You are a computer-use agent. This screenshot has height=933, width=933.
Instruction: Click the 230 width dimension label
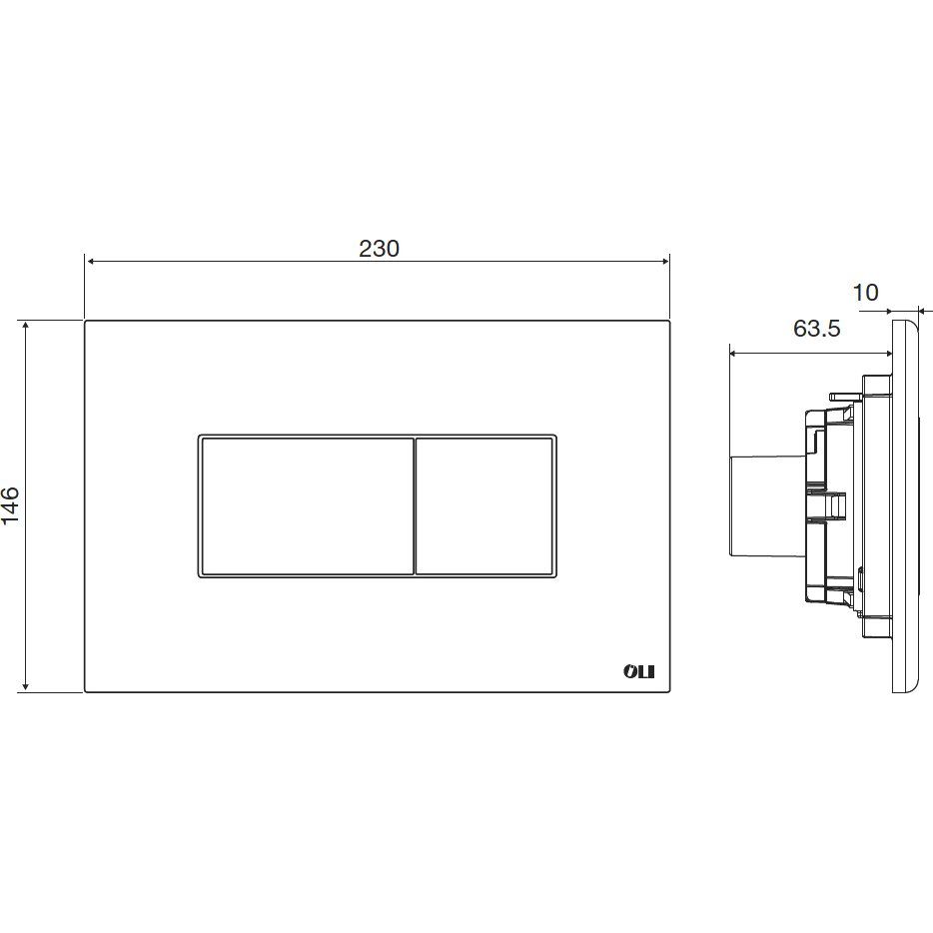coord(379,248)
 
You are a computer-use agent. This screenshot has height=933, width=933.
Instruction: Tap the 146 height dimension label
coord(11,505)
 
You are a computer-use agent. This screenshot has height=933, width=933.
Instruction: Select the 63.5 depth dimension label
coord(816,328)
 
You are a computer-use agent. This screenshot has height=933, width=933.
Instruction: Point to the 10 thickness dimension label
coord(866,292)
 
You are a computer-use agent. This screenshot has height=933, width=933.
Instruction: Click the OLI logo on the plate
coord(638,671)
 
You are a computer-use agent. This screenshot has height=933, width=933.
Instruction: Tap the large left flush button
coord(308,506)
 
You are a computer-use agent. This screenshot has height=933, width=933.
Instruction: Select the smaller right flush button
coord(483,506)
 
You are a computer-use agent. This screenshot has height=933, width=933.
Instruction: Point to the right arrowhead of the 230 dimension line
coord(665,261)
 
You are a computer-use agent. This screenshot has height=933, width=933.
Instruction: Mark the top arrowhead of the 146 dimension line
coord(25,326)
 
